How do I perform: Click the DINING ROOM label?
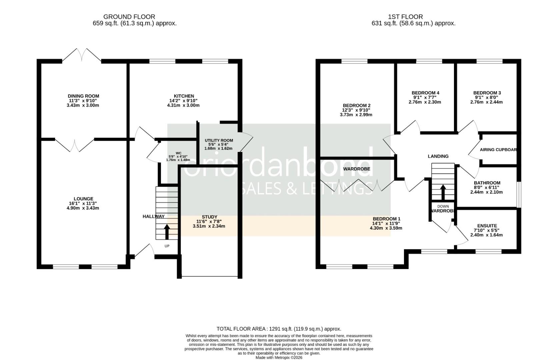tap(83, 96)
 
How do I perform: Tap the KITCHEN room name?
tap(184, 96)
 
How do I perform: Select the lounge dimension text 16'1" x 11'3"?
tap(83, 203)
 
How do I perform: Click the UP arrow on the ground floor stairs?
tap(167, 232)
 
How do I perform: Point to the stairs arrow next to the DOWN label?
tap(443, 192)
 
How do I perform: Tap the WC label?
tap(178, 153)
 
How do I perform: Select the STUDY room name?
tap(209, 217)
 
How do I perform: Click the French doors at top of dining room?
tap(82, 55)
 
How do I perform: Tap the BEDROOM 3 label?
tap(487, 93)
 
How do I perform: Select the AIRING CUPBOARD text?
tap(498, 150)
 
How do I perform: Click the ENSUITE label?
tap(487, 226)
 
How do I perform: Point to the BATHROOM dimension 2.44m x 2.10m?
tap(486, 192)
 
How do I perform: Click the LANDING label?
tap(438, 156)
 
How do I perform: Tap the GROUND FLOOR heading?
tap(129, 17)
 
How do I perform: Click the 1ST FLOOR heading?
tap(405, 17)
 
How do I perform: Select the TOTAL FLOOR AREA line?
tap(279, 329)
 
